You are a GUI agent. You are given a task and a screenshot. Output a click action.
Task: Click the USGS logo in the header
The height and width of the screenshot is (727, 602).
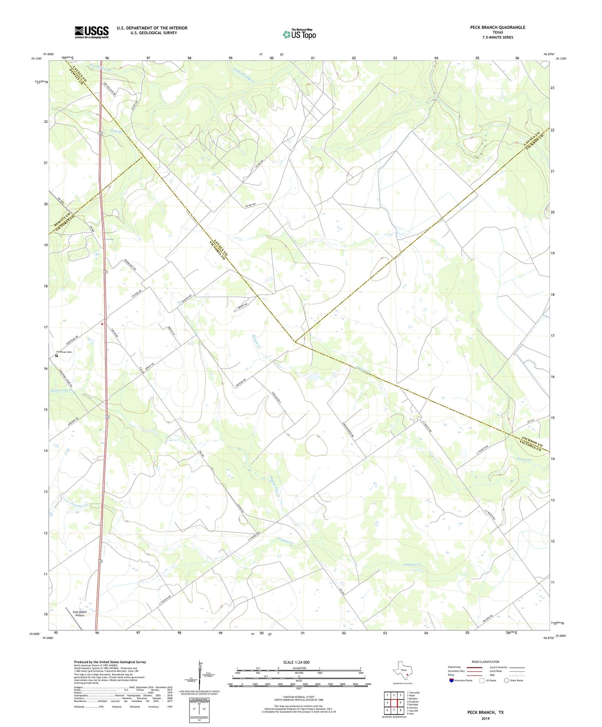(92, 32)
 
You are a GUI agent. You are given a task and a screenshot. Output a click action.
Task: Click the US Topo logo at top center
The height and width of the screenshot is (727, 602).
(299, 34)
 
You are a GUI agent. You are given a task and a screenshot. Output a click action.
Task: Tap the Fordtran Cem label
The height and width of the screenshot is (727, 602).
(64, 352)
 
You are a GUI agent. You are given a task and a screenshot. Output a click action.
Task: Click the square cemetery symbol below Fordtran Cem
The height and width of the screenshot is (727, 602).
(57, 356)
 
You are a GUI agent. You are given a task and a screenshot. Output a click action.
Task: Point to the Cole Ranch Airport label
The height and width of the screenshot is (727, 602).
(80, 613)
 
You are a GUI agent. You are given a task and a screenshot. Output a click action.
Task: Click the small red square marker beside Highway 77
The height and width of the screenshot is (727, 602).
(102, 324)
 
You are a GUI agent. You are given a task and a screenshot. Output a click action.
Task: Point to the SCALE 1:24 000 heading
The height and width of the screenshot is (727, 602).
(296, 662)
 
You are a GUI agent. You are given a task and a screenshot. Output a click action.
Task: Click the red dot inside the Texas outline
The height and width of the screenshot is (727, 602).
(407, 675)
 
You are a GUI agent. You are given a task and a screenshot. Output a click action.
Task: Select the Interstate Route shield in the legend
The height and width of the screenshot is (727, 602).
(452, 680)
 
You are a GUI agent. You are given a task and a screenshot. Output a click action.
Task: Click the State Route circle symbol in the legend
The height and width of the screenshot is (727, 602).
(507, 680)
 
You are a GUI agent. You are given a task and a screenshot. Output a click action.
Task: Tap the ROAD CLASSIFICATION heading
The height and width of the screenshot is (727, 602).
(485, 662)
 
